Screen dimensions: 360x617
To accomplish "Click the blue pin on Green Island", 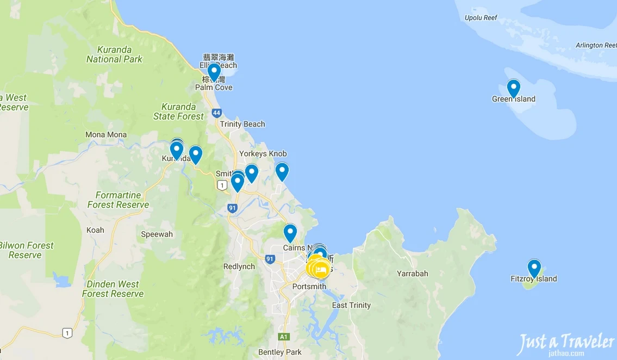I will [513, 88].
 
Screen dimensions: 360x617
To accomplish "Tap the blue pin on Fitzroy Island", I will [534, 268].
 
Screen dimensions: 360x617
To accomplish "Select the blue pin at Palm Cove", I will [214, 71].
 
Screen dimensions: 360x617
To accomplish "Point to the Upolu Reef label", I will [481, 17].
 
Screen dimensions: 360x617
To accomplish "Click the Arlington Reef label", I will [596, 45].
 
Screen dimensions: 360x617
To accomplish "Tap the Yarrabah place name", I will [412, 274].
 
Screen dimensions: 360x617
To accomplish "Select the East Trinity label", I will [351, 305].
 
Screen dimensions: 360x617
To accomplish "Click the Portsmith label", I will [309, 287].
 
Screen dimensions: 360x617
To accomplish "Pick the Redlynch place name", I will [239, 266].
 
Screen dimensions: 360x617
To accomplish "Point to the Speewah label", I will [157, 234].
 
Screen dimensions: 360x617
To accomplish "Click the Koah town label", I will [95, 230].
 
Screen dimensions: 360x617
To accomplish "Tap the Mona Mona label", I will [106, 135].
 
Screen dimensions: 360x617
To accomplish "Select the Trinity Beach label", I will [242, 124].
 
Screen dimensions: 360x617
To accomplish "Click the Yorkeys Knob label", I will [263, 154].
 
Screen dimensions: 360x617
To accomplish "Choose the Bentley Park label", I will [280, 352].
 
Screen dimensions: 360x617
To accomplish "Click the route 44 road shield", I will [217, 113].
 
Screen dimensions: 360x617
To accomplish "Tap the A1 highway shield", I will [284, 337].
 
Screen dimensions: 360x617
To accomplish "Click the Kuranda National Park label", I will [114, 54].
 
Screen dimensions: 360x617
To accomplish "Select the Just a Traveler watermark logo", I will [565, 344].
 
